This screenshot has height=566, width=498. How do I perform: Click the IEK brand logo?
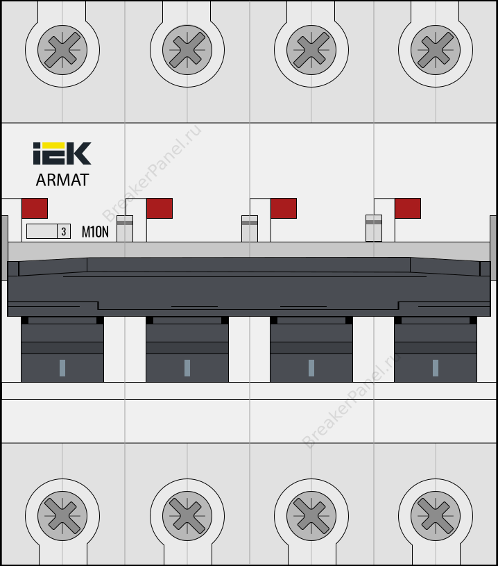(62, 153)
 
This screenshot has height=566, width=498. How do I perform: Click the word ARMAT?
(62, 180)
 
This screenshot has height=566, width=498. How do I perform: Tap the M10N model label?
(95, 232)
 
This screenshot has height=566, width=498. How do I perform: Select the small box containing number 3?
(64, 231)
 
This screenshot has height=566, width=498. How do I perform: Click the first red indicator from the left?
(35, 208)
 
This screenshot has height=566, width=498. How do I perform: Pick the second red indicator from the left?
(160, 208)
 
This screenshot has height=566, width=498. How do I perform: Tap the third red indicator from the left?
(284, 208)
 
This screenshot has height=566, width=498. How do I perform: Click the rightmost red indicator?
(408, 208)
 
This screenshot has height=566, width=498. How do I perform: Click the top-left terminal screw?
(62, 50)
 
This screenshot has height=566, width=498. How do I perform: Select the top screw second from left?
(187, 50)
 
